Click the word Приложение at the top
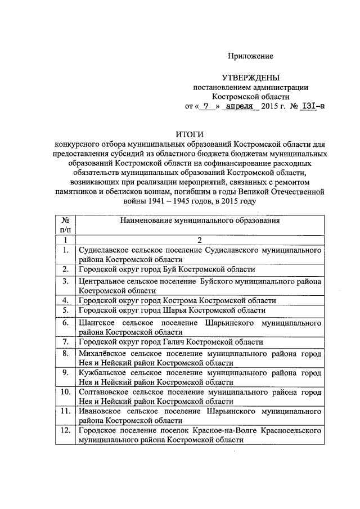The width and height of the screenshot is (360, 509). pos(250,56)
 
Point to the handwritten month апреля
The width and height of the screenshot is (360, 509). pos(240,105)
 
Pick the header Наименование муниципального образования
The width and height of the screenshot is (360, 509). pos(200,221)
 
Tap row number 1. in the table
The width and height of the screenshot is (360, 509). pos(66,249)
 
